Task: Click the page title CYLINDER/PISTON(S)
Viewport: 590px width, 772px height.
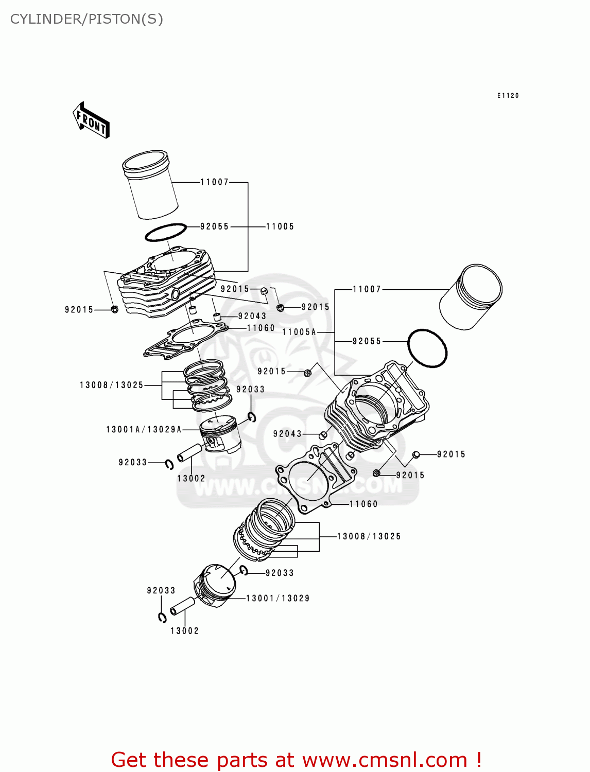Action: [x=86, y=19]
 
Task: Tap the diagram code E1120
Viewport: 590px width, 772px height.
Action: [x=508, y=96]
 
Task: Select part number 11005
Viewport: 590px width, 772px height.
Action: [x=280, y=226]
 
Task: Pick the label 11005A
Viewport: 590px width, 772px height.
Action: [x=299, y=332]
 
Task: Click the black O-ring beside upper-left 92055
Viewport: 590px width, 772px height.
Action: [x=165, y=233]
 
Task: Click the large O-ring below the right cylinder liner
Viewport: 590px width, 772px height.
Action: [x=427, y=348]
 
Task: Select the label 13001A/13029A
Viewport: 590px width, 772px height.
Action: [x=144, y=429]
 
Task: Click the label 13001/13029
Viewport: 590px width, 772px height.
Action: [x=278, y=598]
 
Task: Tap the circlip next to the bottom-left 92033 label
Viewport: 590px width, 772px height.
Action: [x=162, y=618]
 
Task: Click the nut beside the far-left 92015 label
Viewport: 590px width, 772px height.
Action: [x=114, y=309]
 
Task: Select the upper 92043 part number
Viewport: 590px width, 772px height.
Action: [x=252, y=316]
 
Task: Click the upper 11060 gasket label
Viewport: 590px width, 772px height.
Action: [x=261, y=328]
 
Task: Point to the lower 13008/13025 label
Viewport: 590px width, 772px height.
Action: [x=369, y=536]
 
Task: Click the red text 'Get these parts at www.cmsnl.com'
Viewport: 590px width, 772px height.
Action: [x=296, y=760]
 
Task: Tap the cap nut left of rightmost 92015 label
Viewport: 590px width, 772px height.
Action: [x=416, y=454]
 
